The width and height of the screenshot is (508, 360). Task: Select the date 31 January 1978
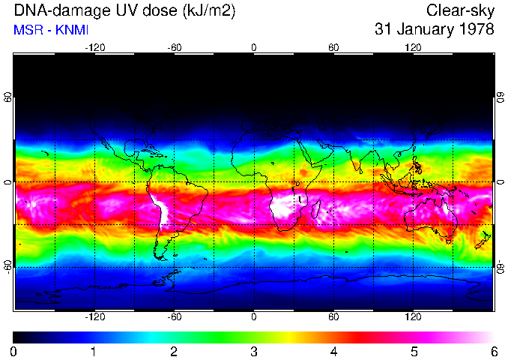point(435,30)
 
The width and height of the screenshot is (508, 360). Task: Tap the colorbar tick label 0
point(14,351)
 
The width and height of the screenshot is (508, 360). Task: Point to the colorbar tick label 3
point(253,351)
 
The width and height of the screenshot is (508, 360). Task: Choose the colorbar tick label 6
point(493,351)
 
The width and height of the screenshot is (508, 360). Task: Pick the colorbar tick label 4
point(333,351)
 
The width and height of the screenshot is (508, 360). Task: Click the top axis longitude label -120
point(94,47)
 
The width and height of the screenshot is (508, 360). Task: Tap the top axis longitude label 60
point(333,47)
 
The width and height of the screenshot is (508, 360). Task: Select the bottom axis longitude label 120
point(413,317)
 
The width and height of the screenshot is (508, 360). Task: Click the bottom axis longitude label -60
point(174,317)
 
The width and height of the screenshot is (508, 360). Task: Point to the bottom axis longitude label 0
point(254,317)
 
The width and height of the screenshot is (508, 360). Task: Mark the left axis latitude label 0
point(8,183)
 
